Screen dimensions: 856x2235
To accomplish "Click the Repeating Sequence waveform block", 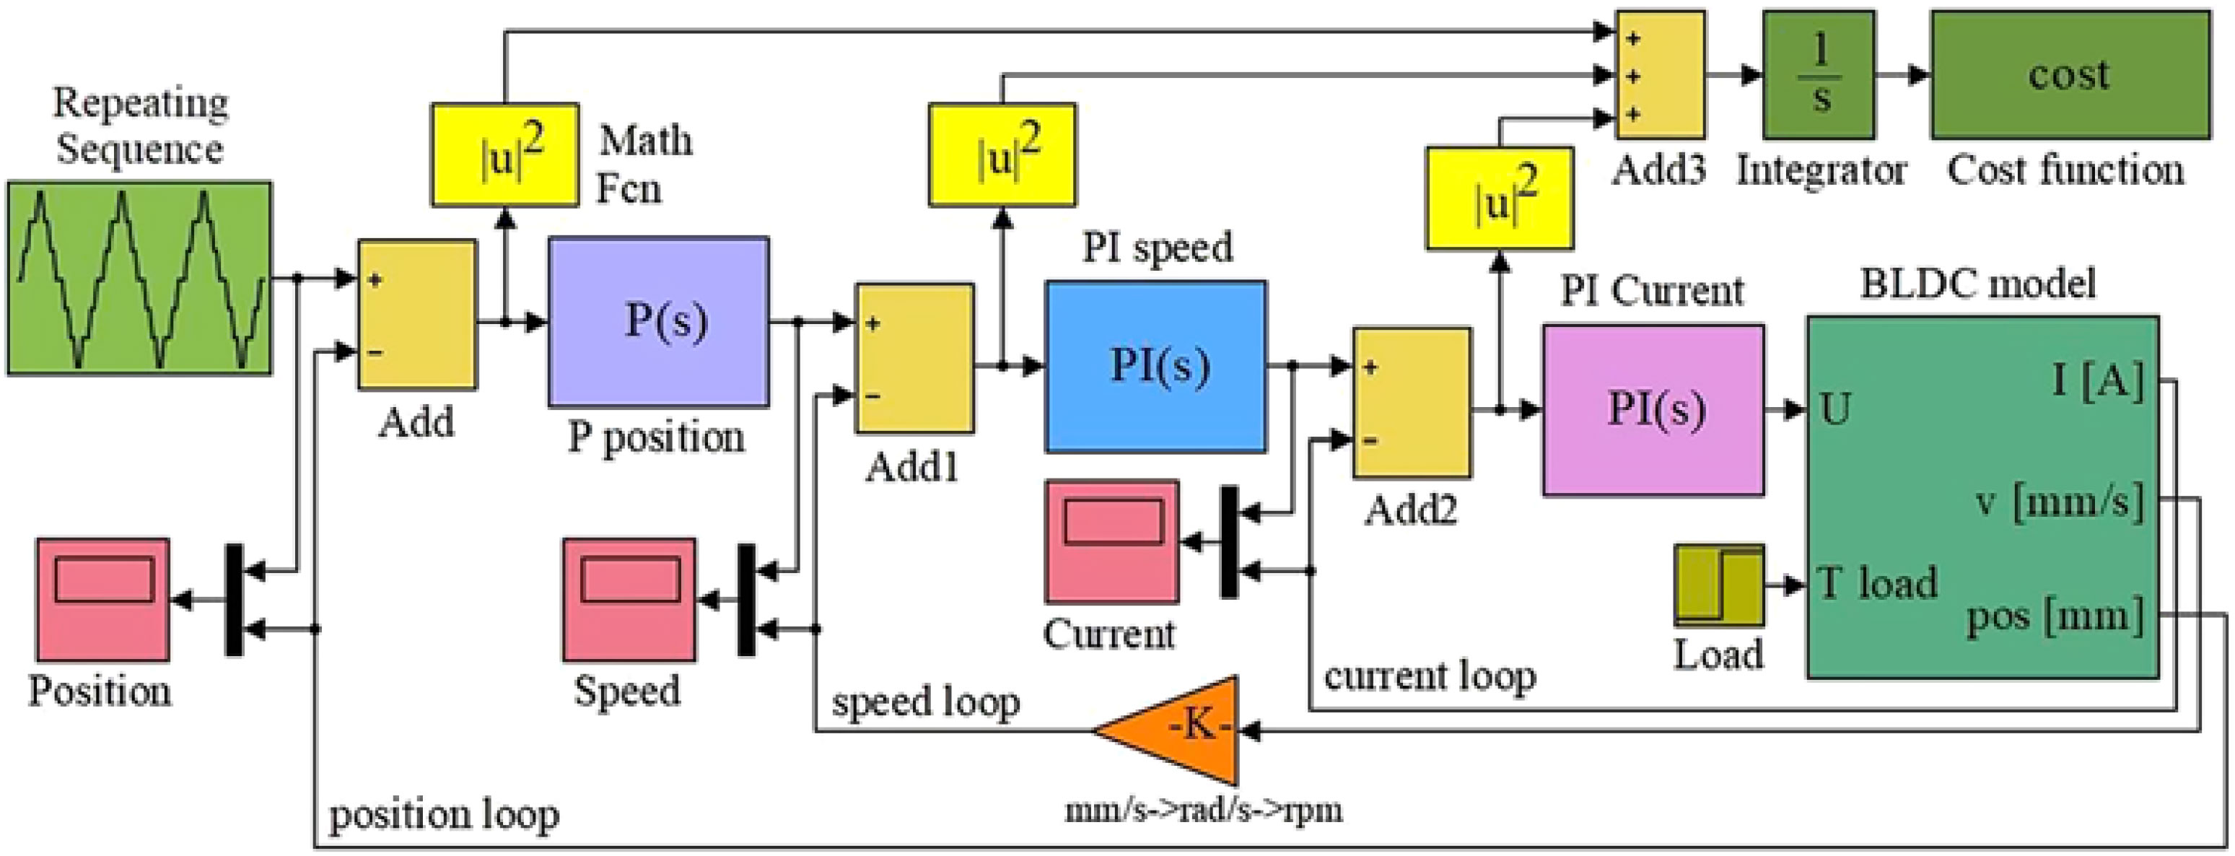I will [x=139, y=278].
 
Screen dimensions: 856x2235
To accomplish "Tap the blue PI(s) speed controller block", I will [x=1155, y=365].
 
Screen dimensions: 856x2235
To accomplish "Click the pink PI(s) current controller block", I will [x=1652, y=410].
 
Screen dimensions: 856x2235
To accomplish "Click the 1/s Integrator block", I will [x=1819, y=74].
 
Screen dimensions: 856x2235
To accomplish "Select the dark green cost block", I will [x=2069, y=74].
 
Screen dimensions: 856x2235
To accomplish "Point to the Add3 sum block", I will [x=1660, y=74].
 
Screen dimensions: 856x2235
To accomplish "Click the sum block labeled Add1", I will [x=914, y=359].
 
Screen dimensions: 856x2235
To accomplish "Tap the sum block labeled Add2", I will [x=1412, y=402].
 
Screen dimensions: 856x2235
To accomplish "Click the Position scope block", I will [x=102, y=600].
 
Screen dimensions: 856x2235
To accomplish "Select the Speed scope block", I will [x=629, y=600].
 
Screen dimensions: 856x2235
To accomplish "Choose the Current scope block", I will [x=1111, y=541].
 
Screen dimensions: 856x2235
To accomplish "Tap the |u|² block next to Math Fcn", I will [x=505, y=155].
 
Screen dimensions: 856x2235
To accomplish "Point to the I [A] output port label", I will [x=2097, y=380].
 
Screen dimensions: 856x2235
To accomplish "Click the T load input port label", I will [x=1878, y=582].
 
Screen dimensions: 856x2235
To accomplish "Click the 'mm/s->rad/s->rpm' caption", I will [x=1204, y=810].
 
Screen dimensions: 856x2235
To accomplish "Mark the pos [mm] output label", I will [x=2054, y=616].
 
